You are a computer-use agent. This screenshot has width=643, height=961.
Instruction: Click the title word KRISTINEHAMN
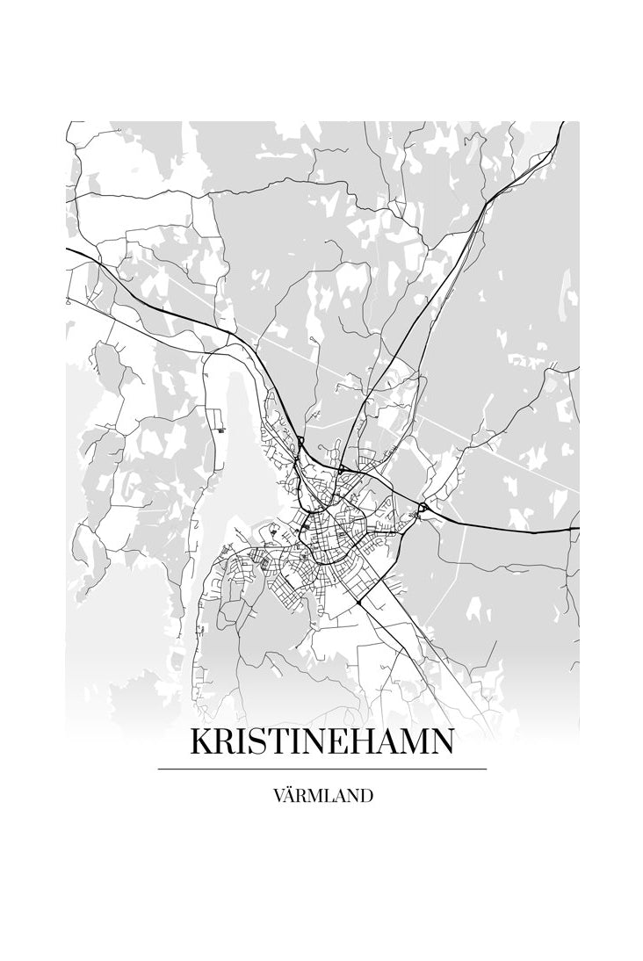[321, 743]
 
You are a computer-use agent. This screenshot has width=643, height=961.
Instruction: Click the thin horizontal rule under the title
[321, 769]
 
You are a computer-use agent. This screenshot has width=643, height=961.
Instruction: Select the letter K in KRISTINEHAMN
[201, 743]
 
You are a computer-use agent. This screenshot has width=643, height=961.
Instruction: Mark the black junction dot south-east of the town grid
[360, 604]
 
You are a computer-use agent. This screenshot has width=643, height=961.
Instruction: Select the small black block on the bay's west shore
[220, 430]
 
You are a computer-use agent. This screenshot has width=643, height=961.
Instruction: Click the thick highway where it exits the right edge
[575, 529]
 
